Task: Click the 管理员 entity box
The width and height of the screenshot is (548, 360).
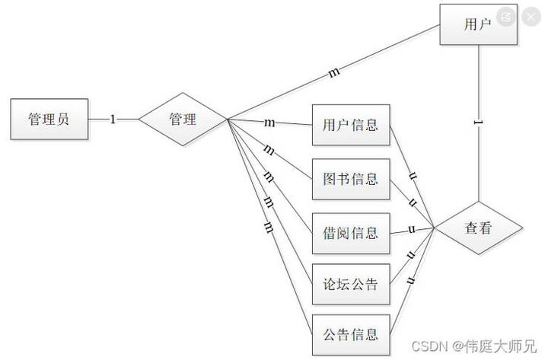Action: [x=49, y=119]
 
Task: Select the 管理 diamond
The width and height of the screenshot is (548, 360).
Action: [x=183, y=119]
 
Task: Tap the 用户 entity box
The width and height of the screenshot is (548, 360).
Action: [x=478, y=24]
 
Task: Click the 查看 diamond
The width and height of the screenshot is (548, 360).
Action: [x=478, y=228]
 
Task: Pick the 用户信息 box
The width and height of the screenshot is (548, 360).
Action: [x=351, y=125]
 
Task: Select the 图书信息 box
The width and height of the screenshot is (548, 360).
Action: [x=351, y=180]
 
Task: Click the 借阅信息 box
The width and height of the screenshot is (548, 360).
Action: [x=351, y=233]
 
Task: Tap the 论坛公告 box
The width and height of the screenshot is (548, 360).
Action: [x=351, y=286]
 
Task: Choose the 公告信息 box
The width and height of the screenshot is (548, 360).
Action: [x=351, y=335]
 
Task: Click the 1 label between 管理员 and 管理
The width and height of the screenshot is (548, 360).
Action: [x=113, y=119]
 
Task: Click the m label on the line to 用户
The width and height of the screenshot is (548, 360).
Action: [x=334, y=73]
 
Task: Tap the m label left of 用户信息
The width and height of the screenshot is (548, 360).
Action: [x=269, y=123]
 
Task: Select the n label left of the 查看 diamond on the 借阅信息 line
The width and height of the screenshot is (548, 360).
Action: [x=411, y=230]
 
